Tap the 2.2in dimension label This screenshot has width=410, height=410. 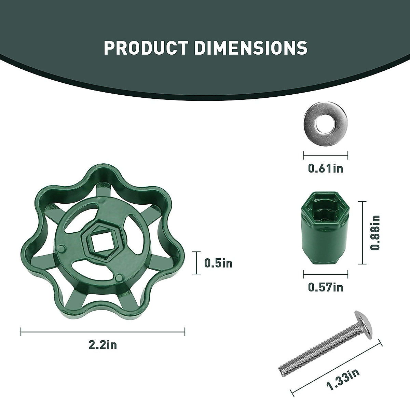click(103, 351)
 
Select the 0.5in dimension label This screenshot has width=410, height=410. click(218, 263)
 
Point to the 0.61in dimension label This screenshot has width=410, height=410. click(326, 168)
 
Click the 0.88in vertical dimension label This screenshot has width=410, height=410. click(375, 233)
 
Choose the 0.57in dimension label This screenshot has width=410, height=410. click(326, 287)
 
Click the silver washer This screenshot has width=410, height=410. click(326, 124)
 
